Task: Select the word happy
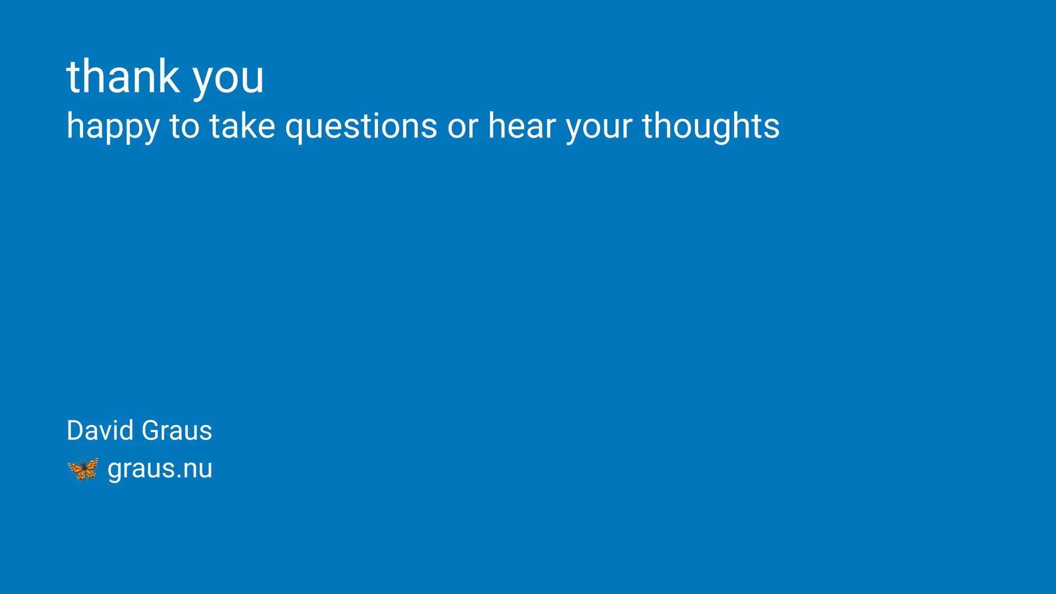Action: tap(113, 127)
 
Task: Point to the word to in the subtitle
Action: tap(184, 126)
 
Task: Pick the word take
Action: tap(242, 126)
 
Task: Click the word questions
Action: tap(361, 127)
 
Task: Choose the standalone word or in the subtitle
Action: tap(463, 127)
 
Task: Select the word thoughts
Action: tap(711, 127)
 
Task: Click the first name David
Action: tap(101, 431)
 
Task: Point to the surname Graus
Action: tap(176, 431)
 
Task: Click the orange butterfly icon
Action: tap(83, 469)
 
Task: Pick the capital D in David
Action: tap(75, 431)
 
